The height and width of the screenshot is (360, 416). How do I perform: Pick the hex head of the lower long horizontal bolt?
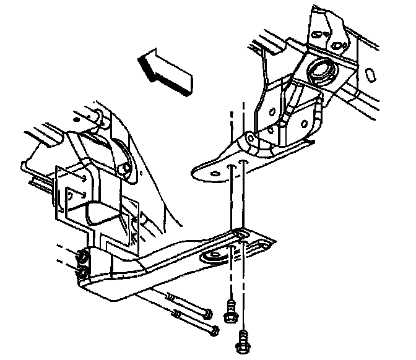click(x=214, y=332)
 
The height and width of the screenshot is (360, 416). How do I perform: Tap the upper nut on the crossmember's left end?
click(x=81, y=255)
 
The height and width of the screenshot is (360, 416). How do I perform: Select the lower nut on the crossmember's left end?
click(x=80, y=272)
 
